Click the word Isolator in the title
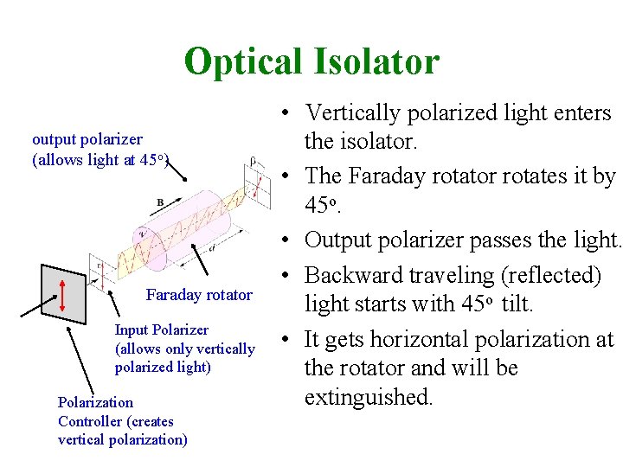point(382,61)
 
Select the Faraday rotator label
point(199,295)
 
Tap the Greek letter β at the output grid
point(252,160)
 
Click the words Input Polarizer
point(162,329)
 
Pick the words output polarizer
point(87,138)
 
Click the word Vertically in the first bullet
point(363,112)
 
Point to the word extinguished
point(368,398)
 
